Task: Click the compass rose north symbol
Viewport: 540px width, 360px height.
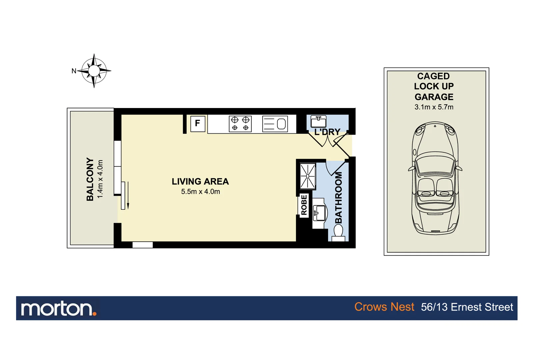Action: pos(94,71)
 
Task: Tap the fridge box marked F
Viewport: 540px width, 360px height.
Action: pos(198,123)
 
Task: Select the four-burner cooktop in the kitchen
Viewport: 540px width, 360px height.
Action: pos(240,124)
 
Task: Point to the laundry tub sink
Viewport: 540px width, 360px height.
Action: pos(318,121)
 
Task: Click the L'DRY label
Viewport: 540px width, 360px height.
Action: pos(327,132)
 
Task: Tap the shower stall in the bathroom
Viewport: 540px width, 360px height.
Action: pos(307,176)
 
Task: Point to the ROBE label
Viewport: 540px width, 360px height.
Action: pos(304,205)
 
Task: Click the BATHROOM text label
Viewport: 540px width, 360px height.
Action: pos(338,198)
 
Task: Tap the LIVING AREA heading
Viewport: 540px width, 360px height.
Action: pos(200,182)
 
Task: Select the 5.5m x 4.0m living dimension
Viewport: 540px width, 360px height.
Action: pos(200,192)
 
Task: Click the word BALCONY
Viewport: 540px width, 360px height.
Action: pos(90,179)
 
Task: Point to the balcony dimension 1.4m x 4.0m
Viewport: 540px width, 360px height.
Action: pos(100,179)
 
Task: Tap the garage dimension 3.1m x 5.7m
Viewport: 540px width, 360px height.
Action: pos(434,107)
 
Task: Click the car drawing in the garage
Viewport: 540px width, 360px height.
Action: pos(435,178)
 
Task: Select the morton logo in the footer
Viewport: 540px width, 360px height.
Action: pos(59,309)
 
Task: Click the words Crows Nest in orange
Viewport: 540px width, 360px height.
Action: pos(384,307)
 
